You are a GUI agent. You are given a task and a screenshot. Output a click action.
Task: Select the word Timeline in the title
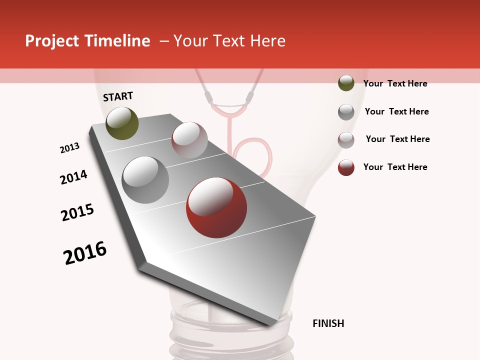(117, 41)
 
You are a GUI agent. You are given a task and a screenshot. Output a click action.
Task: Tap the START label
(118, 96)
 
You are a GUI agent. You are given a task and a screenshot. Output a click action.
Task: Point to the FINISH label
(328, 323)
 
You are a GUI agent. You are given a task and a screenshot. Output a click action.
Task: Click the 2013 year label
(69, 148)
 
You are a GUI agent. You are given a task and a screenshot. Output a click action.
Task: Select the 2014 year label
(73, 177)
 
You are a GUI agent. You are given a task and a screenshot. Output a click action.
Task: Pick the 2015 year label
(77, 212)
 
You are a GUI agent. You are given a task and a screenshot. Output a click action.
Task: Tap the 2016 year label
(85, 253)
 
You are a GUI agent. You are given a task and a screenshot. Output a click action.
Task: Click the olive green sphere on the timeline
(122, 123)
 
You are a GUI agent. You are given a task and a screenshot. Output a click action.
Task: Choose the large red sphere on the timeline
(216, 207)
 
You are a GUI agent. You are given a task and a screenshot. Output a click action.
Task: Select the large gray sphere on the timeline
(145, 179)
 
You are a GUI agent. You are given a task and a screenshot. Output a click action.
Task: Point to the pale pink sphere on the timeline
(189, 140)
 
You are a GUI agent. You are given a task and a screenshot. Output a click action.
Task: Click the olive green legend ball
(346, 83)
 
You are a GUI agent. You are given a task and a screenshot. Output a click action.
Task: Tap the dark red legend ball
(346, 167)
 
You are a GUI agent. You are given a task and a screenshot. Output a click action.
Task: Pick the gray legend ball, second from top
(346, 111)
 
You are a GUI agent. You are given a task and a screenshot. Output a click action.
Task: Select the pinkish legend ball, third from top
(346, 140)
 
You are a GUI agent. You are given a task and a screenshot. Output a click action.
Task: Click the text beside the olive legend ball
(395, 83)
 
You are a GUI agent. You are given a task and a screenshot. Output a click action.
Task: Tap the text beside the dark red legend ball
(395, 167)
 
